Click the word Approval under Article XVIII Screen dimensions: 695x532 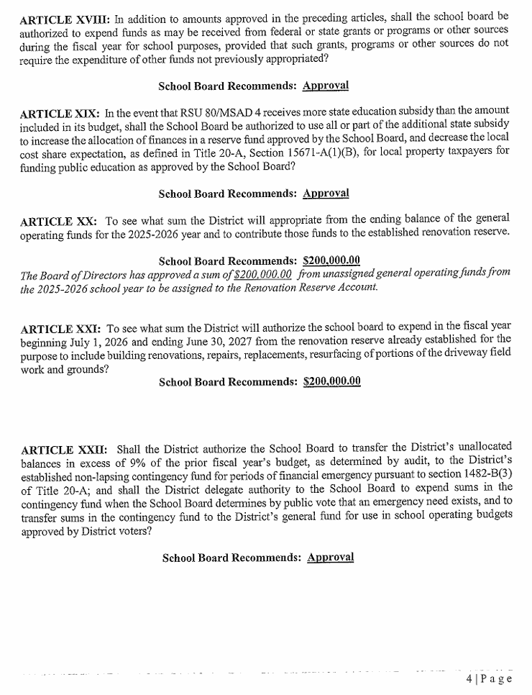click(x=326, y=86)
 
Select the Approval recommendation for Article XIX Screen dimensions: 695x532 click(x=326, y=194)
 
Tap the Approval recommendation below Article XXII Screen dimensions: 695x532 click(x=331, y=558)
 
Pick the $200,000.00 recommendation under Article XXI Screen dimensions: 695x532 click(x=332, y=381)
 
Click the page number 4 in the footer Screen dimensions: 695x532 click(x=469, y=678)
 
